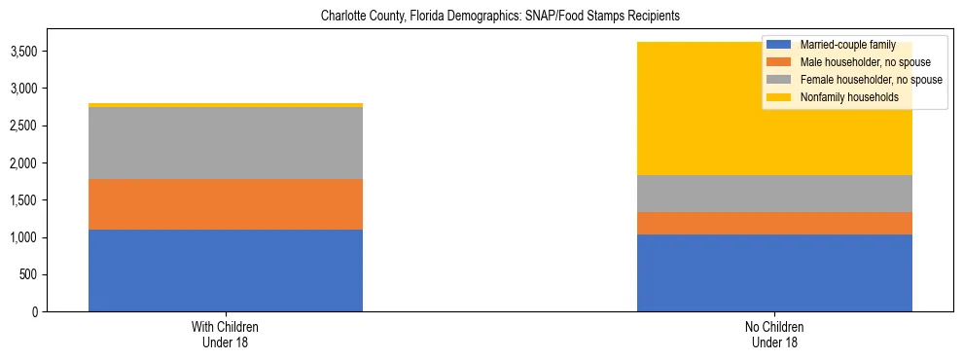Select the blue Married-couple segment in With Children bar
pyautogui.click(x=225, y=270)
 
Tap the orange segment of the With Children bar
pyautogui.click(x=225, y=204)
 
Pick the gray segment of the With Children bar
pyautogui.click(x=225, y=143)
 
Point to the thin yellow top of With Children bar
pyautogui.click(x=225, y=104)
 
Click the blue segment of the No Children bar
pyautogui.click(x=774, y=272)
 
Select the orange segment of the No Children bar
pyautogui.click(x=774, y=224)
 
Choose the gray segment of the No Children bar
pyautogui.click(x=774, y=194)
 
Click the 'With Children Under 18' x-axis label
pyautogui.click(x=225, y=335)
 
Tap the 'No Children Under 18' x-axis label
pyautogui.click(x=774, y=335)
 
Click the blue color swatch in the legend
pyautogui.click(x=779, y=45)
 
